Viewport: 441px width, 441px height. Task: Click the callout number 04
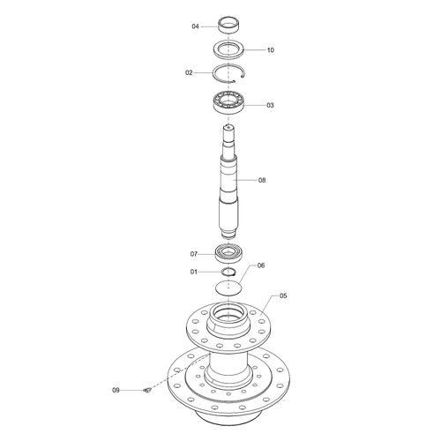tap(195, 26)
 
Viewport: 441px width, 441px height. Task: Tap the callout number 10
tap(271, 50)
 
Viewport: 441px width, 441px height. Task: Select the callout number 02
tap(189, 72)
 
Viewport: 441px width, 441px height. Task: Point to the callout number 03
tap(270, 105)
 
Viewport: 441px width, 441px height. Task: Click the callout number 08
tap(262, 180)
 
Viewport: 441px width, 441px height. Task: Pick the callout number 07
tap(194, 254)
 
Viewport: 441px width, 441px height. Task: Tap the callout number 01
tap(194, 272)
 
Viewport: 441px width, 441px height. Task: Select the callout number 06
tap(261, 265)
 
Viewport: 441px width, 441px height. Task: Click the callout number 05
tap(283, 295)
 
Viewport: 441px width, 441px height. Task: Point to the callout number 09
tap(116, 390)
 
